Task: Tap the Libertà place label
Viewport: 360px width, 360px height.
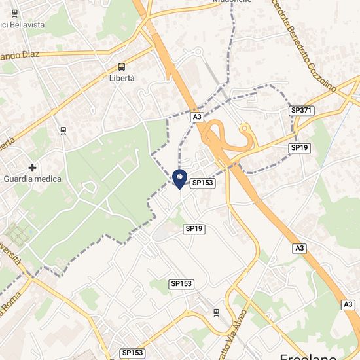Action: (x=122, y=78)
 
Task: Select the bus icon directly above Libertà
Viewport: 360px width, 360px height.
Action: (x=122, y=66)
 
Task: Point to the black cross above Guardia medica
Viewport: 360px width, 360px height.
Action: (x=32, y=168)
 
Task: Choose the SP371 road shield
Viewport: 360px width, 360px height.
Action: (x=302, y=111)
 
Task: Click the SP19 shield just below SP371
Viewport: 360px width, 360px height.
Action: (x=300, y=148)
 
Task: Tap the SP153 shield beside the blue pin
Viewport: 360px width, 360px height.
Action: (x=203, y=184)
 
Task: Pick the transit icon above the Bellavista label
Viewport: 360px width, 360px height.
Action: (x=14, y=12)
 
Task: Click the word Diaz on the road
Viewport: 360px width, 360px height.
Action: (x=26, y=56)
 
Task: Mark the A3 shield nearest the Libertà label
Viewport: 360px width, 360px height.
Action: (x=196, y=117)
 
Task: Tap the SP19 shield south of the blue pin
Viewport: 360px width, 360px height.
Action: (x=194, y=228)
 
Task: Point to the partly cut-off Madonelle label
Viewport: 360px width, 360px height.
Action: (x=232, y=2)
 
